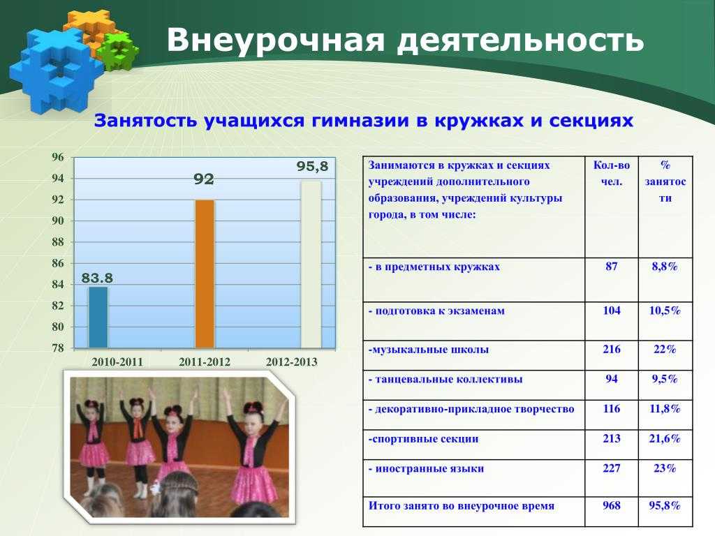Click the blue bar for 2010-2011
click(98, 318)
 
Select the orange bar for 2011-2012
click(205, 274)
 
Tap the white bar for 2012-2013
click(311, 265)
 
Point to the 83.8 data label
click(97, 278)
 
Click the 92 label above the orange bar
click(203, 179)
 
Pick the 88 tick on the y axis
click(57, 242)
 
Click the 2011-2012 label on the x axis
click(205, 362)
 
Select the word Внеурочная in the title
click(276, 40)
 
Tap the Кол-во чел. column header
click(612, 173)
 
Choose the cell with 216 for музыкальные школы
click(612, 350)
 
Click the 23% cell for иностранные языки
click(665, 468)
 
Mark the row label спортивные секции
click(423, 440)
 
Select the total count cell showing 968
click(612, 505)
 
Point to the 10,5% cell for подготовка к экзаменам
click(665, 311)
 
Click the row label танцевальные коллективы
click(445, 380)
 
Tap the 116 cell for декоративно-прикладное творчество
click(612, 409)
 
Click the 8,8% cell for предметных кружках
click(665, 267)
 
